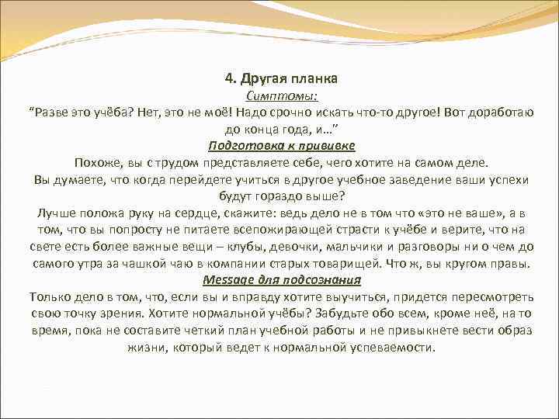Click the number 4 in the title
pos(227,78)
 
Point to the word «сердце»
pos(197,213)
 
